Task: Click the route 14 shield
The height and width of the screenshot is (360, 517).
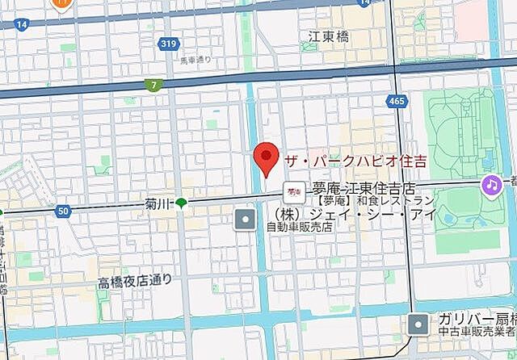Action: point(21,25)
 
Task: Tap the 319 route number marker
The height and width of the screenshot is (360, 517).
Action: point(168,44)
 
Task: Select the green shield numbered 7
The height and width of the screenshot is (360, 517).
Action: point(153,84)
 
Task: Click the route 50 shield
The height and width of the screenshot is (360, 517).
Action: point(63,211)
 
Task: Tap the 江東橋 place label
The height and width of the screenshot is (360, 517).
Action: point(327,36)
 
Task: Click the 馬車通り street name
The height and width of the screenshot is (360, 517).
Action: point(195,59)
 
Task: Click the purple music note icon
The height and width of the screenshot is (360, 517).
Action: point(490,185)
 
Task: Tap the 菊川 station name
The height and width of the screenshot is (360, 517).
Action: point(157,203)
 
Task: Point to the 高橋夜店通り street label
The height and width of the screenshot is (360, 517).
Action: point(135,281)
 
